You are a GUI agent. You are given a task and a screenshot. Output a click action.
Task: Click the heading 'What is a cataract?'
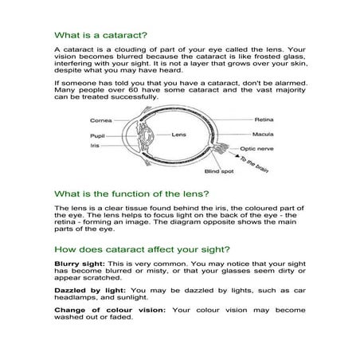click(x=95, y=36)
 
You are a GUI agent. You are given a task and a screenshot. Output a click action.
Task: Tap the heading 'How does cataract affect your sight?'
click(x=139, y=249)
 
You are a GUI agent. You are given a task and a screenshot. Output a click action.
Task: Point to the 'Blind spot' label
click(x=217, y=171)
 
